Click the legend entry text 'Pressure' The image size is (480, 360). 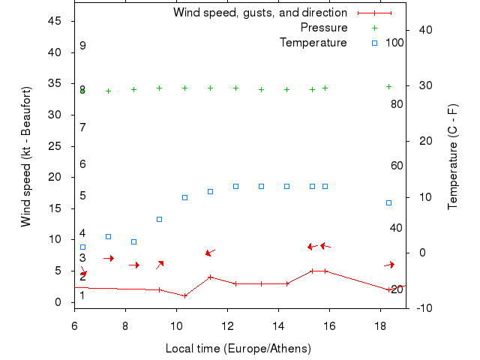click(x=324, y=28)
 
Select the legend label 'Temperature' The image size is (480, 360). click(x=313, y=43)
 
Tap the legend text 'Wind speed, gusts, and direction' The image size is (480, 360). click(x=260, y=13)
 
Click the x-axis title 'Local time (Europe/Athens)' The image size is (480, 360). click(x=238, y=349)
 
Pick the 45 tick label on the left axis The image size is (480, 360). click(x=55, y=21)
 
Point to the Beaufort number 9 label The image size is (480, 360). click(x=82, y=46)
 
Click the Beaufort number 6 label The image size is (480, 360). click(x=82, y=164)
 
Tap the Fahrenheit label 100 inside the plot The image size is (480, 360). click(x=394, y=43)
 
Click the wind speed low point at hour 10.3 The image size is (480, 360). click(x=184, y=295)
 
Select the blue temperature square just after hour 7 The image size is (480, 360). click(x=108, y=236)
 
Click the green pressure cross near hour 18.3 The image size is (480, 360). click(x=388, y=87)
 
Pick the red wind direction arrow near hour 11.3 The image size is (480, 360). click(x=210, y=252)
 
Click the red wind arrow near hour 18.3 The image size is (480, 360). click(x=388, y=264)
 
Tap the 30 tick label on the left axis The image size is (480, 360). click(x=55, y=115)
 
